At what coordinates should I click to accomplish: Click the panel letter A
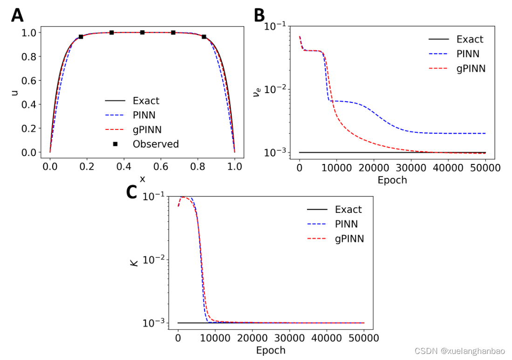click(x=17, y=15)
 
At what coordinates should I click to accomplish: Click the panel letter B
click(x=259, y=15)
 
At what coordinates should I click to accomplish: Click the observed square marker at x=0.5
click(x=142, y=32)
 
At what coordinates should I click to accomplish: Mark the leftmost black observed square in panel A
click(x=81, y=36)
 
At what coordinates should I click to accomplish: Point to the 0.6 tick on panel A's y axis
click(x=28, y=81)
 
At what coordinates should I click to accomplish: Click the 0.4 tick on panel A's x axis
click(x=124, y=166)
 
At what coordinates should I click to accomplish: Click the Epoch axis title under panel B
click(x=392, y=180)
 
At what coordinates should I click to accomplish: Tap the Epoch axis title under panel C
click(x=271, y=350)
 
